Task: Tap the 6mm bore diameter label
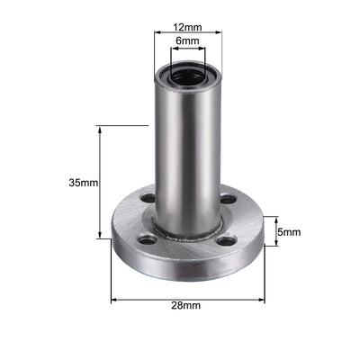tap(186, 41)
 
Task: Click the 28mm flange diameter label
tap(187, 306)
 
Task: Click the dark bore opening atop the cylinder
tap(186, 76)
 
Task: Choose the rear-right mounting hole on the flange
tap(228, 199)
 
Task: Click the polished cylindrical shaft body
tap(186, 153)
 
